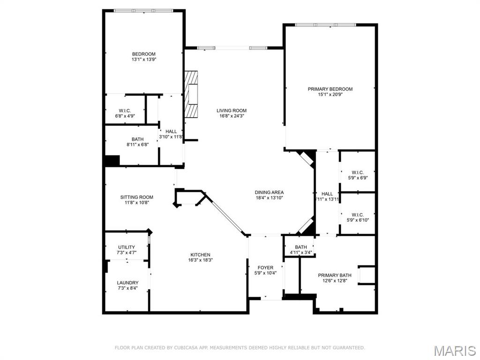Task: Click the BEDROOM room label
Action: point(143,54)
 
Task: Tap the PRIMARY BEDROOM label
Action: point(330,89)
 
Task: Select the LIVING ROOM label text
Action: point(232,111)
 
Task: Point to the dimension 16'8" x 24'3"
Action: point(232,116)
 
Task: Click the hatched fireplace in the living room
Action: point(191,94)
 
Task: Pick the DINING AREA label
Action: point(270,192)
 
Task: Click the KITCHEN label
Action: point(201,255)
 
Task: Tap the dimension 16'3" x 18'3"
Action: point(201,260)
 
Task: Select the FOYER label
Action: point(265,268)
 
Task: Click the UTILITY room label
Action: point(127,247)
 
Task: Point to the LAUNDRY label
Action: point(127,283)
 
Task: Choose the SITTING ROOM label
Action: point(136,197)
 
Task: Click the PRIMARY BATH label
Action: point(335,275)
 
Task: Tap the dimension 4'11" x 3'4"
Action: point(301,253)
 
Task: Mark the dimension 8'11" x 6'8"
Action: point(137,144)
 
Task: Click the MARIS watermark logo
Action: point(455,351)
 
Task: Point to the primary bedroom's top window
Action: point(325,25)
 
